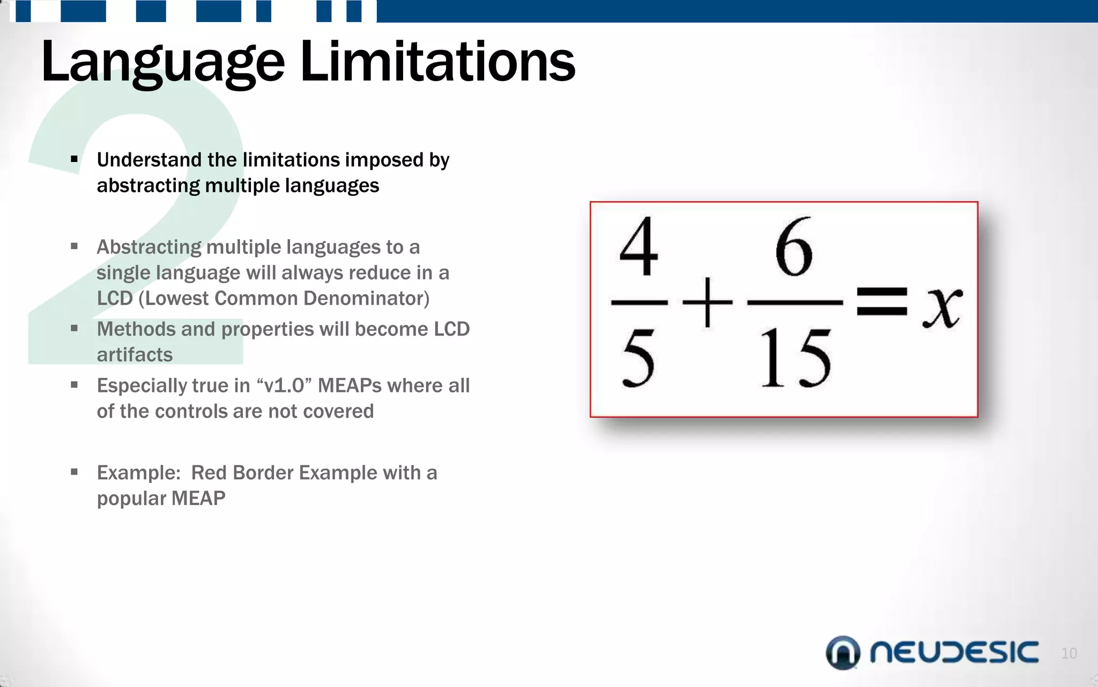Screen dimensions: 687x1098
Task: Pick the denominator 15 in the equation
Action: (796, 358)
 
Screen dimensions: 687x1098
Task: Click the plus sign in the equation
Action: (707, 302)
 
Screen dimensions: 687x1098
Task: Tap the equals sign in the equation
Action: (881, 302)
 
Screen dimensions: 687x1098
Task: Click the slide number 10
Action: (1069, 653)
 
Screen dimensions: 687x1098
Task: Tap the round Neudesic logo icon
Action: (843, 653)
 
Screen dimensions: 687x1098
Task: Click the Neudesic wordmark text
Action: (954, 653)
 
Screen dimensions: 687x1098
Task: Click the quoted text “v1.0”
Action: (284, 386)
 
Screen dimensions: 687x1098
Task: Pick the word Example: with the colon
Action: (139, 473)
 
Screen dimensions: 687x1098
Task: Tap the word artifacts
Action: (135, 355)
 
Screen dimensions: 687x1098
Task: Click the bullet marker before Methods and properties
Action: (75, 328)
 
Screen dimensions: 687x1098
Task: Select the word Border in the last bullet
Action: (263, 473)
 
